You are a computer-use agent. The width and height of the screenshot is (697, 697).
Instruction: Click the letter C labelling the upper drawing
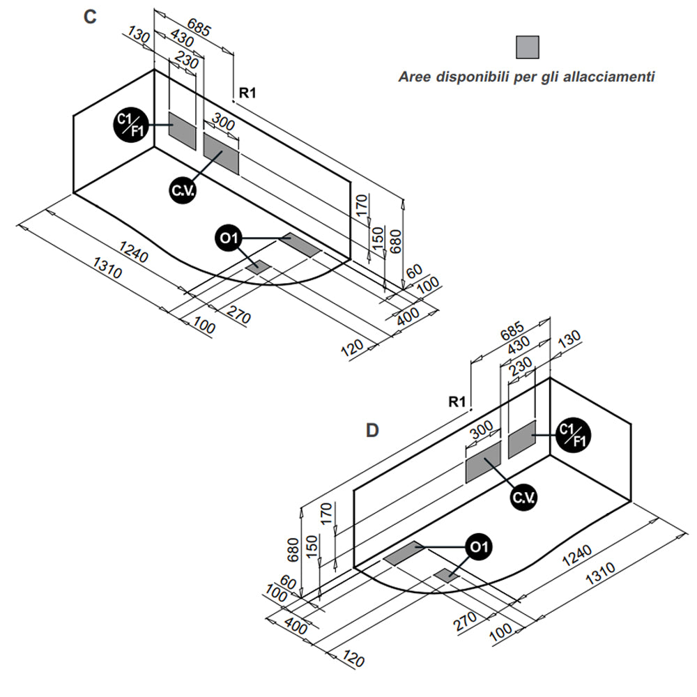click(x=89, y=18)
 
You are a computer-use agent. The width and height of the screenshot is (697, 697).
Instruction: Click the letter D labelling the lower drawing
click(x=373, y=430)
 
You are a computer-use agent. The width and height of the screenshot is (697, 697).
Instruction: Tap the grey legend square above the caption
click(x=527, y=47)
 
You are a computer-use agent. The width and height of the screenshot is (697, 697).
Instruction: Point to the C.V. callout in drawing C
click(x=183, y=190)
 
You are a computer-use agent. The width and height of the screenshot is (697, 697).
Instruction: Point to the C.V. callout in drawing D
click(x=523, y=497)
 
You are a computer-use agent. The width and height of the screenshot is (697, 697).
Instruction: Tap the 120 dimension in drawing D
click(x=353, y=659)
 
